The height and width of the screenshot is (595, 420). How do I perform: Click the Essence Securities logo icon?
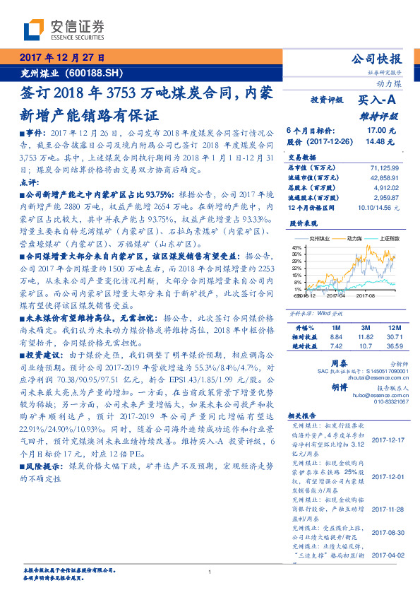[34, 30]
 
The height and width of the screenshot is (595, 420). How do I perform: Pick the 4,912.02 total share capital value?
[387, 189]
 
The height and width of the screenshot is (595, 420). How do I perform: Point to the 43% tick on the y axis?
[296, 247]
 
